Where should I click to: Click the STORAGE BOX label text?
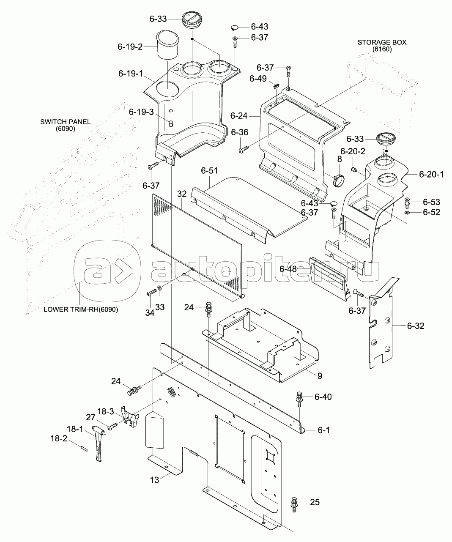[x=382, y=42]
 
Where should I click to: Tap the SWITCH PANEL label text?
[x=66, y=122]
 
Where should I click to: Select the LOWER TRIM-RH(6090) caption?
[x=81, y=309]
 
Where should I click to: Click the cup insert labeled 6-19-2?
[x=168, y=45]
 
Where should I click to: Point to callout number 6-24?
[x=239, y=116]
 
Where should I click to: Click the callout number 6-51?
[x=209, y=170]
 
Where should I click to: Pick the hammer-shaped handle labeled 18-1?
[x=99, y=443]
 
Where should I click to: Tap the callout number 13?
[x=154, y=480]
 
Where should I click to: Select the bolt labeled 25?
[x=294, y=505]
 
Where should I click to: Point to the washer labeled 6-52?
[x=407, y=213]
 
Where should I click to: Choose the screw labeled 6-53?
[x=407, y=203]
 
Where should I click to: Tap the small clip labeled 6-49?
[x=276, y=85]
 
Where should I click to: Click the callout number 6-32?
[x=416, y=326]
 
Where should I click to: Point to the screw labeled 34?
[x=152, y=293]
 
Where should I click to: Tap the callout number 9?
[x=320, y=375]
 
